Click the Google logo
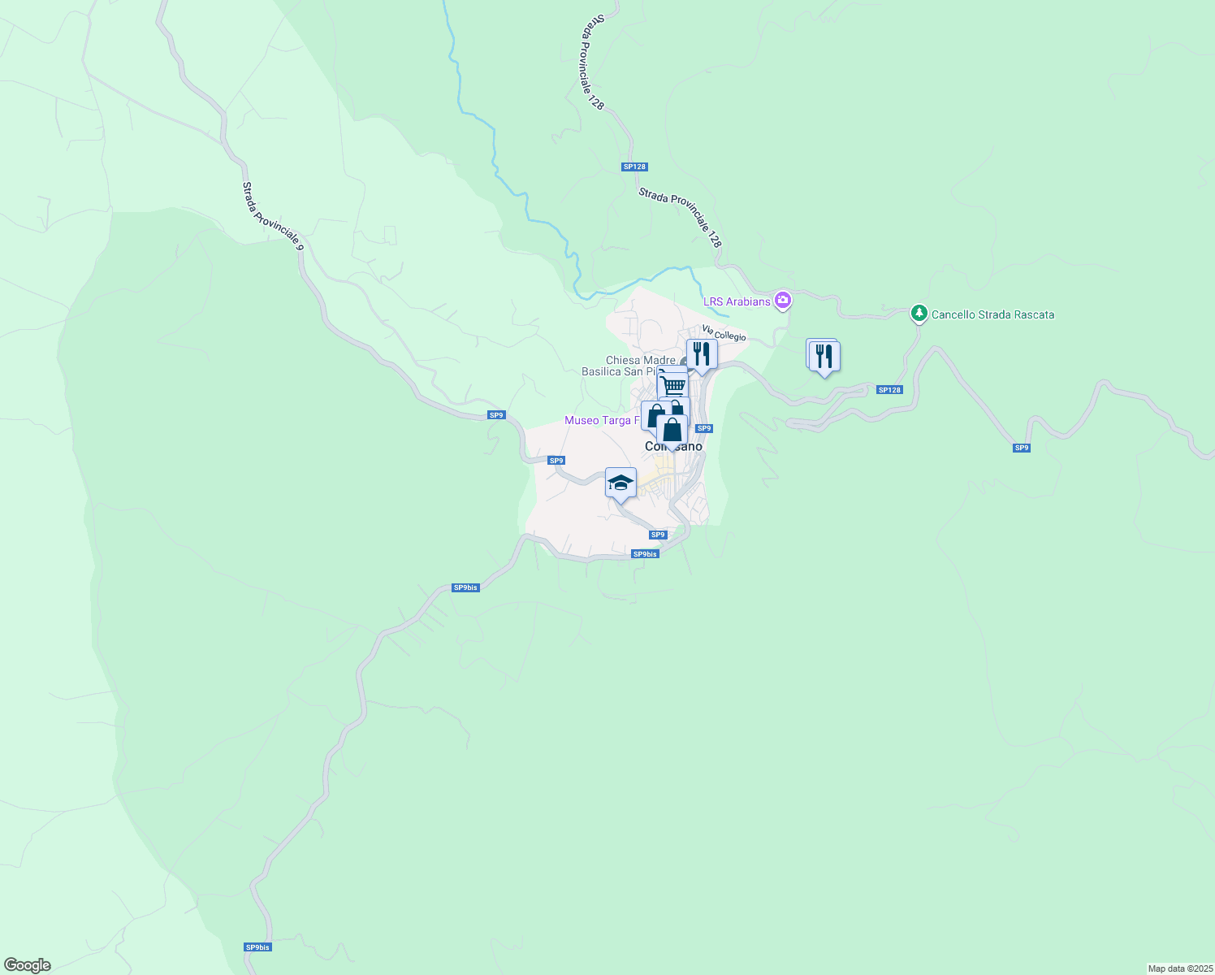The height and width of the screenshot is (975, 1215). (x=28, y=965)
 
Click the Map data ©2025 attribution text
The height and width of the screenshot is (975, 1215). (x=1180, y=968)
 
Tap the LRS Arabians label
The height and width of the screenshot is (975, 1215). (x=737, y=301)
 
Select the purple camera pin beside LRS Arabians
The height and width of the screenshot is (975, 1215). (x=783, y=301)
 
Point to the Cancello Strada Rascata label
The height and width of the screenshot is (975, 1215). (x=992, y=314)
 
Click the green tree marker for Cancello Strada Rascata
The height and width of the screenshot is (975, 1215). (x=919, y=314)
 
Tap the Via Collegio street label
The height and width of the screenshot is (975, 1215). (x=724, y=333)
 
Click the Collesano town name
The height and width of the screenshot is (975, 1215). (x=673, y=447)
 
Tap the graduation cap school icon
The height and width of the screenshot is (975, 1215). (x=620, y=483)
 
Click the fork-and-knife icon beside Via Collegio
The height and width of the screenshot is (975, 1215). (x=702, y=354)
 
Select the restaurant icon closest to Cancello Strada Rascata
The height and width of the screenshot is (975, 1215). (x=824, y=356)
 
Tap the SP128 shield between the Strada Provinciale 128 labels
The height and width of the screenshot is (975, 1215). (x=634, y=167)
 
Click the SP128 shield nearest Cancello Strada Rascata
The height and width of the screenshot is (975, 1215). (x=889, y=390)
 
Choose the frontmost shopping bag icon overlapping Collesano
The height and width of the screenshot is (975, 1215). (x=672, y=430)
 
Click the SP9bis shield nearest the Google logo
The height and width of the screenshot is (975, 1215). (x=257, y=947)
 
